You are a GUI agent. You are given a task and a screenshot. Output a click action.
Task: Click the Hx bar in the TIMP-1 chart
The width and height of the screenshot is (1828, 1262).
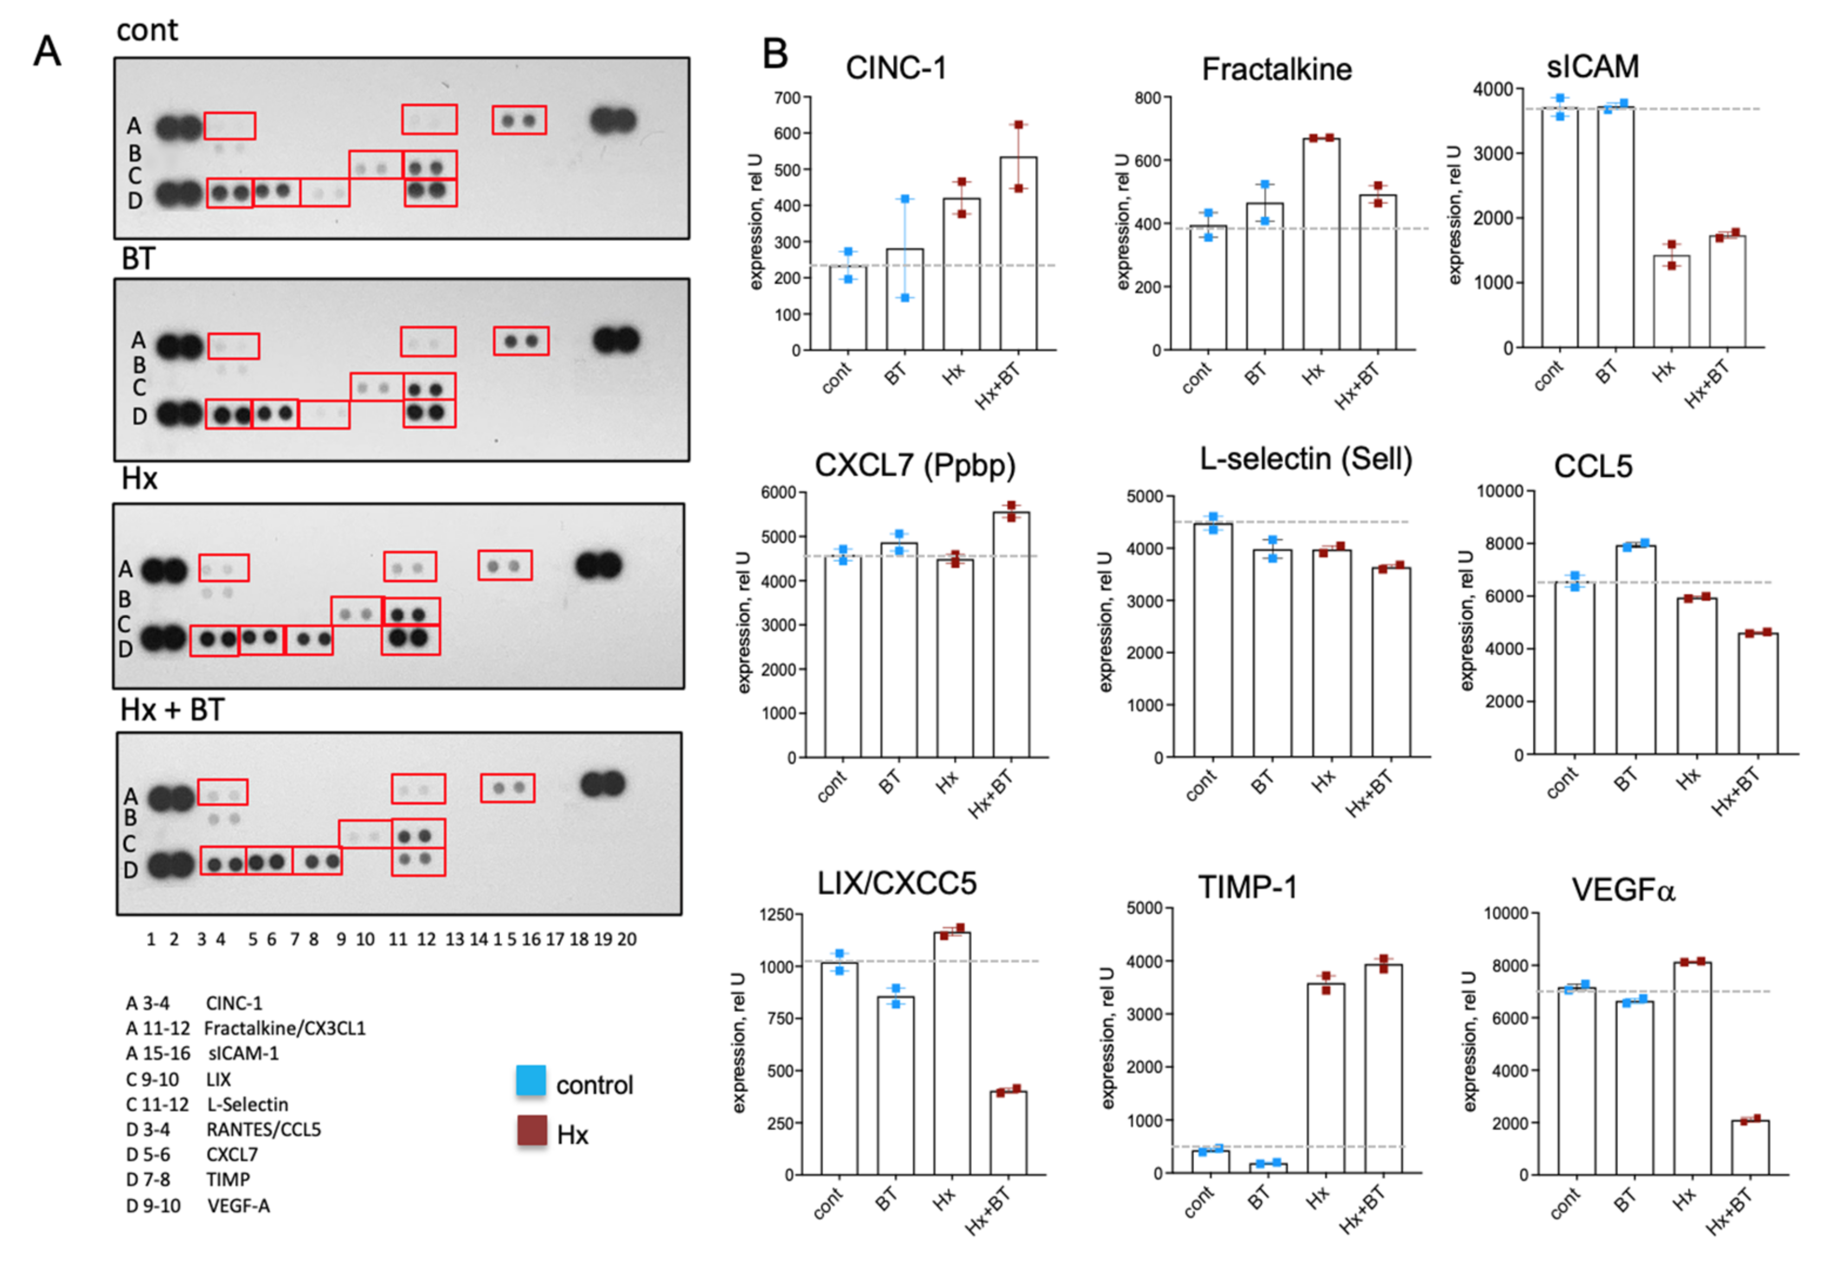tap(1326, 1079)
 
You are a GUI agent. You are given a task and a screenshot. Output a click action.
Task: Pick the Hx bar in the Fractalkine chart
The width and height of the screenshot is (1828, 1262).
tap(1321, 244)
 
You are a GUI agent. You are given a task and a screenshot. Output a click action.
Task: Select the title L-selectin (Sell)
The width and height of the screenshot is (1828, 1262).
tap(1305, 459)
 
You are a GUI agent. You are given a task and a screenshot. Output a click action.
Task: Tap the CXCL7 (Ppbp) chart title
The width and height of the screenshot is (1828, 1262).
tap(915, 465)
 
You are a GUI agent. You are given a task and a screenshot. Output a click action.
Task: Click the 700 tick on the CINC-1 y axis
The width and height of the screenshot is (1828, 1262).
tap(788, 98)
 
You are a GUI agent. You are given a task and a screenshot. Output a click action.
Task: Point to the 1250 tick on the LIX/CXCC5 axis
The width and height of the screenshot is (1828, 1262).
tap(776, 915)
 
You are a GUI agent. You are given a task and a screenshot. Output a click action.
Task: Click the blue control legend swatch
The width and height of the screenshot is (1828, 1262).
tap(531, 1081)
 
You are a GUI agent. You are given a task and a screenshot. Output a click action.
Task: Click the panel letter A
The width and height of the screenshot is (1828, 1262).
tap(48, 52)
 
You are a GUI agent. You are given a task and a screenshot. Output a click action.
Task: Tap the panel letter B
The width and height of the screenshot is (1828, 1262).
tap(775, 54)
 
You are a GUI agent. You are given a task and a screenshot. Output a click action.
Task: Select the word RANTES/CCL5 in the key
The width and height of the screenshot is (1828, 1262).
tap(263, 1129)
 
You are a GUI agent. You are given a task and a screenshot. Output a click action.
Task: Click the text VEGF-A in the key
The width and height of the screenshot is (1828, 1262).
tap(238, 1206)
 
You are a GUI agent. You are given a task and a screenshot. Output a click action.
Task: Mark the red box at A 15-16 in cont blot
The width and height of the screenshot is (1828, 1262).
tap(519, 120)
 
